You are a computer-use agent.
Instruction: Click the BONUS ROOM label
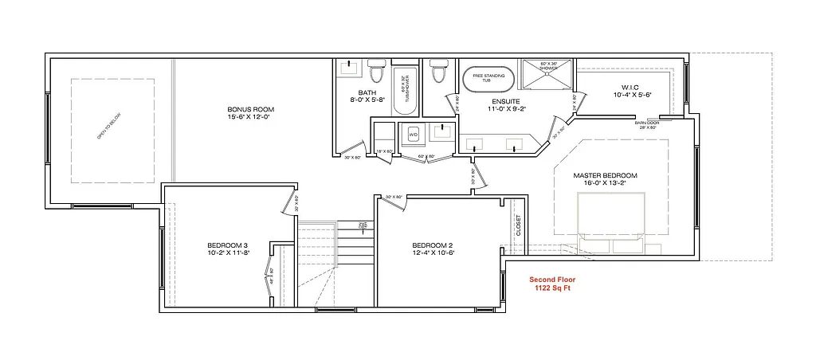click(250, 109)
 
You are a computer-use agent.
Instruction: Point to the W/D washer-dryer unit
click(413, 135)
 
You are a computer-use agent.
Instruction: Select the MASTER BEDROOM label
click(606, 174)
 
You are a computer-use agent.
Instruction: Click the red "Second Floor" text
click(553, 280)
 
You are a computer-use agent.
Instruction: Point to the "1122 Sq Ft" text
click(553, 288)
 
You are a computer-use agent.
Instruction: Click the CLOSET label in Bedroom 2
click(518, 225)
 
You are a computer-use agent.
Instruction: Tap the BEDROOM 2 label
click(433, 245)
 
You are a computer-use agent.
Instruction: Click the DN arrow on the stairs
click(361, 226)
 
